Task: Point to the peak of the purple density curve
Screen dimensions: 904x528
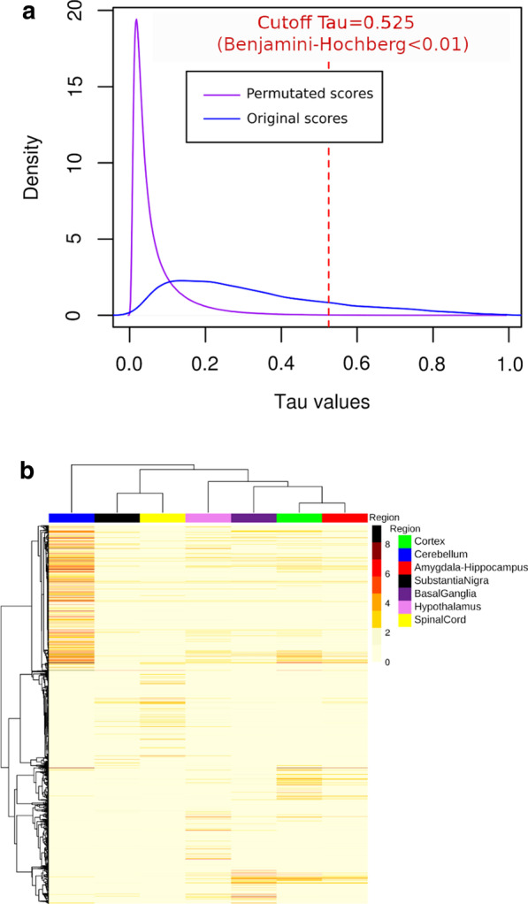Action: point(136,19)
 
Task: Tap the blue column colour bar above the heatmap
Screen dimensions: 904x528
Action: point(71,517)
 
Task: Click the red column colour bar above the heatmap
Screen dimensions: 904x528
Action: point(344,517)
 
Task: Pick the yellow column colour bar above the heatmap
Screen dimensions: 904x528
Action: point(162,517)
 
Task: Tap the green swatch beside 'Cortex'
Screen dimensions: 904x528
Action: point(404,540)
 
